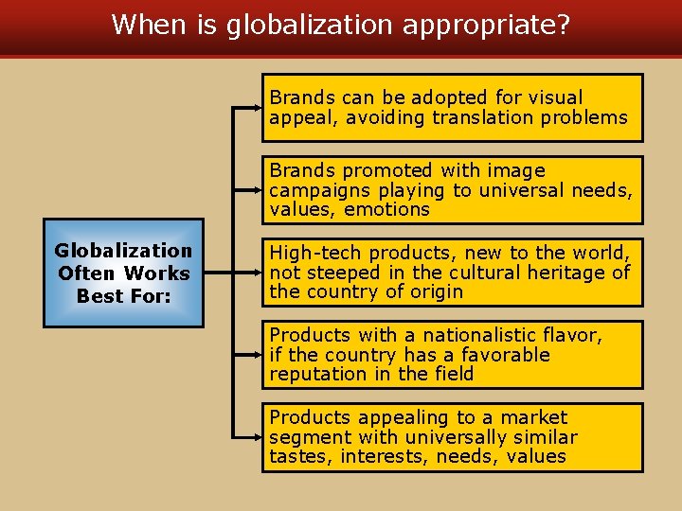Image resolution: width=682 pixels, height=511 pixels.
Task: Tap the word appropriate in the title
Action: pyautogui.click(x=486, y=25)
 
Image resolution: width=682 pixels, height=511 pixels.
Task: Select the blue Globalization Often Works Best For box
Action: pyautogui.click(x=123, y=273)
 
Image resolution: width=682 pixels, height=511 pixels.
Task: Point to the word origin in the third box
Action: pyautogui.click(x=435, y=291)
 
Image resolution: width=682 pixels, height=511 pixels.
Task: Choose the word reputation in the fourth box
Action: pyautogui.click(x=317, y=374)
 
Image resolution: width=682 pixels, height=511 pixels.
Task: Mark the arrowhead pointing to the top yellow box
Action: pyautogui.click(x=257, y=108)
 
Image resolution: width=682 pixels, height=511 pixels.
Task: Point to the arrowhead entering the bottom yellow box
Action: pyautogui.click(x=257, y=437)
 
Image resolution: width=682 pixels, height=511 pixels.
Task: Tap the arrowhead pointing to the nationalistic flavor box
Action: pyautogui.click(x=257, y=355)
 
